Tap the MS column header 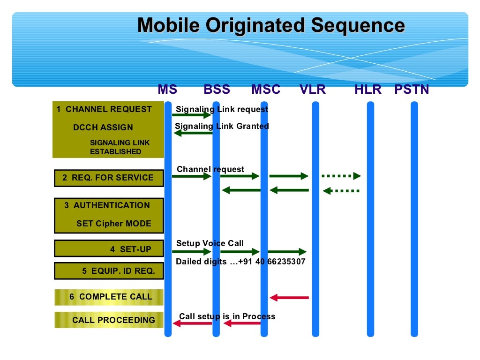[167, 89]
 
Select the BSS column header [217, 89]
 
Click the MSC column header [266, 89]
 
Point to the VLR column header [313, 89]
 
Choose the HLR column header [368, 89]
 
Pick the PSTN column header [412, 89]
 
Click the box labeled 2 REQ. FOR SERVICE [109, 178]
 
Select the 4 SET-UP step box [109, 249]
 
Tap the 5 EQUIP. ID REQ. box [109, 270]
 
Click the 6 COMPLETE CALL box [109, 297]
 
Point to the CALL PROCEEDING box [109, 320]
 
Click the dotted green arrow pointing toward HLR [341, 176]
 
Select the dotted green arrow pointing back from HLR [341, 191]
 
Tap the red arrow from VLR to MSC [289, 297]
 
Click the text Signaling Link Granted [222, 126]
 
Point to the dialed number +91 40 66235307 [271, 262]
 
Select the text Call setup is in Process [227, 316]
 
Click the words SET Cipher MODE [113, 224]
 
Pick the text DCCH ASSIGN [103, 127]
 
